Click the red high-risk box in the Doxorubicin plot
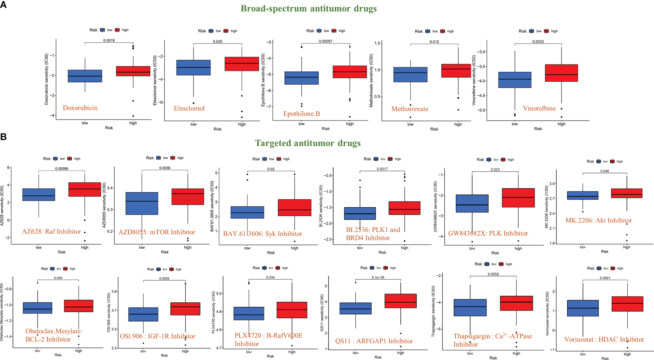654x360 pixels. click(133, 71)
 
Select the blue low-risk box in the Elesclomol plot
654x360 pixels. click(193, 68)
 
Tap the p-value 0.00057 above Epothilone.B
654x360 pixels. click(326, 41)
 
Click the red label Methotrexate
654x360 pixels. click(410, 109)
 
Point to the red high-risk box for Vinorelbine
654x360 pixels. click(561, 73)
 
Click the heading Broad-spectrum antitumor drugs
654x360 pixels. click(308, 8)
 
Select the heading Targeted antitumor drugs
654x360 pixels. click(307, 143)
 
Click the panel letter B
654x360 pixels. click(4, 137)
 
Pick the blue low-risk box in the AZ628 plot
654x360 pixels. click(39, 195)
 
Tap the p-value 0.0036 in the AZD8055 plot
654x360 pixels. click(165, 168)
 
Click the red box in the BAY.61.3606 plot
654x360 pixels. click(294, 208)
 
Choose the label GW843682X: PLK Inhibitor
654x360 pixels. click(488, 233)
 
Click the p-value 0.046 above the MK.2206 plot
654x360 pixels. click(604, 171)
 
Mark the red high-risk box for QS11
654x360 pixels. click(400, 301)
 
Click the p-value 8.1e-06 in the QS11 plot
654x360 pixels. click(378, 277)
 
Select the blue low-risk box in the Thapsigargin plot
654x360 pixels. click(470, 308)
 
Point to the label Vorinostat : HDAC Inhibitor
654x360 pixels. click(604, 339)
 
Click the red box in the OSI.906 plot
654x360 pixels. click(185, 309)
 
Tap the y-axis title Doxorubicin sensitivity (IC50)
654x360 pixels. click(46, 79)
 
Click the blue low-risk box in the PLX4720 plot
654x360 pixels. click(249, 313)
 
